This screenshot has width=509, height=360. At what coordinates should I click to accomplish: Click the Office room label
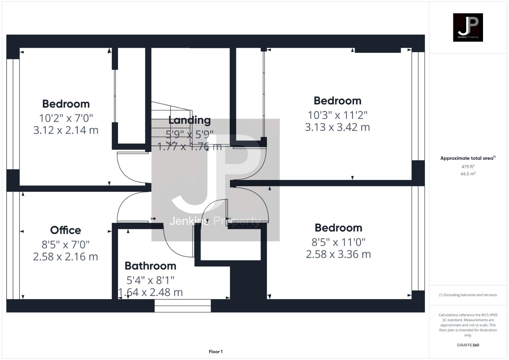(x=66, y=230)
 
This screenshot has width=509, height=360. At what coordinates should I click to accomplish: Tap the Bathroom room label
(x=150, y=266)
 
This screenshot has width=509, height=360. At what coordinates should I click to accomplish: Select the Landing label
(x=189, y=120)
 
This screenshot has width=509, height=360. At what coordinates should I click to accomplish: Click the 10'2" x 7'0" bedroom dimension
(x=66, y=118)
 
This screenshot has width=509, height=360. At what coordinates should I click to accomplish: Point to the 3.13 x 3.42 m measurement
(x=337, y=127)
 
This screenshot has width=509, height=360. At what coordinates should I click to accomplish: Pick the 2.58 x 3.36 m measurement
(x=338, y=254)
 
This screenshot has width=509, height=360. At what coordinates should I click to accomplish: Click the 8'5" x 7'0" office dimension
(x=66, y=245)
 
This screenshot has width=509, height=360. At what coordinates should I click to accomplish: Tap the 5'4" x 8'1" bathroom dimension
(x=150, y=280)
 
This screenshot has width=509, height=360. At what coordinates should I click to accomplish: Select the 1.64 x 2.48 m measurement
(x=151, y=292)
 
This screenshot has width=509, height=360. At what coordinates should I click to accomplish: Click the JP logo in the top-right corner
(x=468, y=27)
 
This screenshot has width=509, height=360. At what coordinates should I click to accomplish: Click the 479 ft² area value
(x=468, y=166)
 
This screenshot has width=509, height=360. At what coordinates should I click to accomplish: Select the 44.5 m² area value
(x=468, y=174)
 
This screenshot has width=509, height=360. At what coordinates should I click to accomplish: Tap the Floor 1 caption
(x=216, y=351)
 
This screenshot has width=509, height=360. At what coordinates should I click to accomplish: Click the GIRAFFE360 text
(x=468, y=345)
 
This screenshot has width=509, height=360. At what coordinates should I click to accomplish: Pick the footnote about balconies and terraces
(x=468, y=295)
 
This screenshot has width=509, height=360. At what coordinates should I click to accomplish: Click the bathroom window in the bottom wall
(x=183, y=306)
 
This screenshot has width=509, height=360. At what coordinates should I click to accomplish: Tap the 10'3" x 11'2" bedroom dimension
(x=337, y=115)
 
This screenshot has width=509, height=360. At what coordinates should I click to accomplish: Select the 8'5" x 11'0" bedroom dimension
(x=338, y=242)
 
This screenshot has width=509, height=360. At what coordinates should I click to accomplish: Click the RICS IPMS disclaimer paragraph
(x=468, y=325)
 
